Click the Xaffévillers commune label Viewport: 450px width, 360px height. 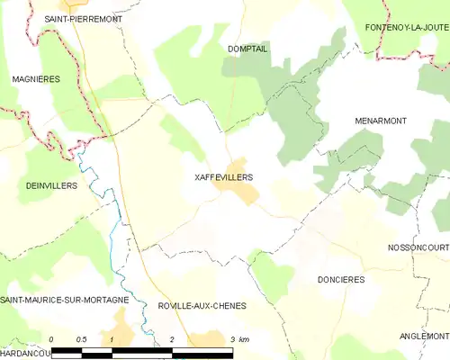(x=224, y=177)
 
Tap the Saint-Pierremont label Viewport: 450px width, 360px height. (x=84, y=18)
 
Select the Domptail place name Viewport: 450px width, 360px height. (x=247, y=49)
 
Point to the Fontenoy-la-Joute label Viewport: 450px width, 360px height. (x=407, y=28)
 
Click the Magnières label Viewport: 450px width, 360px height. (x=36, y=79)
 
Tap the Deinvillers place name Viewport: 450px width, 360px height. (x=52, y=185)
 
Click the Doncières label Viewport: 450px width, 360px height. (x=341, y=280)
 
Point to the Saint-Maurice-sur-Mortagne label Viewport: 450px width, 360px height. (x=65, y=299)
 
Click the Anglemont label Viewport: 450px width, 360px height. (x=424, y=336)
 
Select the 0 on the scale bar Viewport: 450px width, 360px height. (x=52, y=339)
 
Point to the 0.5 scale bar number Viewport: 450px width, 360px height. (x=81, y=339)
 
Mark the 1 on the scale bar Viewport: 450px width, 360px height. (x=111, y=339)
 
